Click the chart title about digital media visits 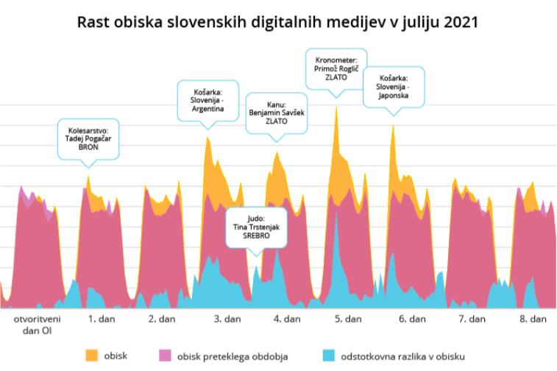[278, 22]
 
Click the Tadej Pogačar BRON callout [88, 141]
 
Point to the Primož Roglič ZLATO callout [336, 68]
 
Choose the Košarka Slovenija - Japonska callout [393, 89]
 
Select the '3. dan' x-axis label [227, 320]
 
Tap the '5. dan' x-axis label [348, 320]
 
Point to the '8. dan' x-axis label [533, 320]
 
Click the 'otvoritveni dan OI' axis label [37, 325]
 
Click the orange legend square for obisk [92, 356]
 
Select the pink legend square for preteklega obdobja [165, 356]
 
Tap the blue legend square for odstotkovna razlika [326, 356]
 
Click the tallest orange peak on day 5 [336, 107]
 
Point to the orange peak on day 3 [207, 138]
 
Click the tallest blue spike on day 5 [336, 214]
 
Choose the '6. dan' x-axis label [413, 320]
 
